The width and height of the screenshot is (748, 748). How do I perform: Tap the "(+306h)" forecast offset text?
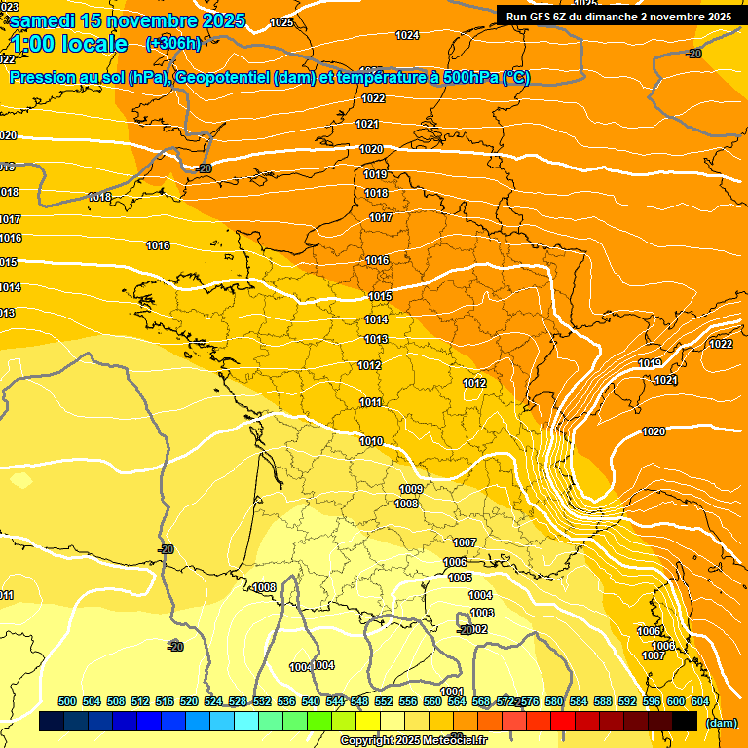pyautogui.click(x=172, y=43)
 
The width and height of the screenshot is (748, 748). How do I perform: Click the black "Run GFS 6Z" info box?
pyautogui.click(x=618, y=16)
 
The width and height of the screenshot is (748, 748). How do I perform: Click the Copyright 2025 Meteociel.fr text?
pyautogui.click(x=413, y=741)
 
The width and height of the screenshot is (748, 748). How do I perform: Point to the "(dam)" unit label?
pyautogui.click(x=720, y=722)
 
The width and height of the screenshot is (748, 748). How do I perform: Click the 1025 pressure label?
pyautogui.click(x=282, y=21)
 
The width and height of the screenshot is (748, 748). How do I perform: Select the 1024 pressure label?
pyautogui.click(x=407, y=35)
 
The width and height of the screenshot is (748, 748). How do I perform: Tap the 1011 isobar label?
pyautogui.click(x=370, y=402)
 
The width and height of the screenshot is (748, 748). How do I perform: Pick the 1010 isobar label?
pyautogui.click(x=371, y=441)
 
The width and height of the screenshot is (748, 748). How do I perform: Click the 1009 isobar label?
pyautogui.click(x=411, y=489)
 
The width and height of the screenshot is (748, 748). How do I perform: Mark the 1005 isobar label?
pyautogui.click(x=460, y=578)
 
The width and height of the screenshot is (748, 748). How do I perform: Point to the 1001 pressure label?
pyautogui.click(x=452, y=692)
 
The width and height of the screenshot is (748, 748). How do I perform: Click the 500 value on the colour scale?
pyautogui.click(x=67, y=701)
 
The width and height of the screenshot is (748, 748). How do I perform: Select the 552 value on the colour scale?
pyautogui.click(x=384, y=701)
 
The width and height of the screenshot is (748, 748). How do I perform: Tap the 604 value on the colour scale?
pyautogui.click(x=700, y=701)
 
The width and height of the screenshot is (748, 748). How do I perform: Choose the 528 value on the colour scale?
pyautogui.click(x=238, y=701)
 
